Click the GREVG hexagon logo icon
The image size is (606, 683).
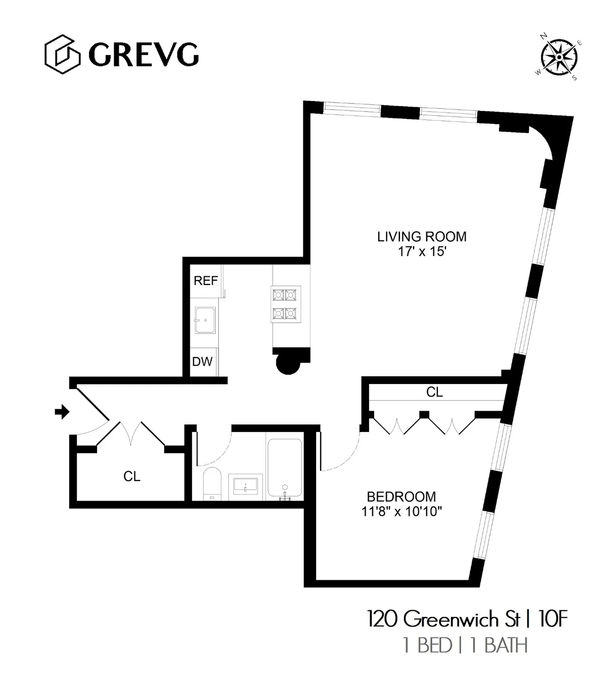[62, 54]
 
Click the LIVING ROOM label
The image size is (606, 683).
[422, 236]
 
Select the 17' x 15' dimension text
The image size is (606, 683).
[422, 252]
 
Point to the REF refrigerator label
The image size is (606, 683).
[206, 281]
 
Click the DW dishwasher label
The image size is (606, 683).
[203, 362]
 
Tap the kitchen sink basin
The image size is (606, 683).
[206, 320]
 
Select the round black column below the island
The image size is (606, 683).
[289, 363]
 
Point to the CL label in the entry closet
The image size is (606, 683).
[132, 476]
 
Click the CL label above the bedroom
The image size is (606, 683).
[434, 392]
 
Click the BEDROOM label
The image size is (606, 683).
[401, 497]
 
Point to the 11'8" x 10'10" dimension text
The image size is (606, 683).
[401, 512]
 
